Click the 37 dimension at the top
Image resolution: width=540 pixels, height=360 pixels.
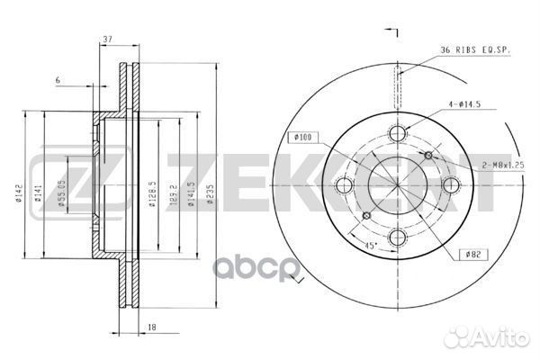pos(107,39)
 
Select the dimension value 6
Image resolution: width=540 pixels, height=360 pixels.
pos(57,81)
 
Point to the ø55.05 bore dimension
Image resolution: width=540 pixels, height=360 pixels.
pos(61,193)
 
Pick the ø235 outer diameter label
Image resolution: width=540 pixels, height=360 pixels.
pos(210,192)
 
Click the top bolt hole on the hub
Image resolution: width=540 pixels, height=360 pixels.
pos(397,134)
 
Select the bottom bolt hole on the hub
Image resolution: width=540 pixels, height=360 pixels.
pos(397,237)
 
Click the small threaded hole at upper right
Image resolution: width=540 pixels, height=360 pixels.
pos(428,155)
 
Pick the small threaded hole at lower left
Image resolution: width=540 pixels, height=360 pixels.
pos(365,217)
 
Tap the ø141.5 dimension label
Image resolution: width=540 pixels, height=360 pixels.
pos(192,193)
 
